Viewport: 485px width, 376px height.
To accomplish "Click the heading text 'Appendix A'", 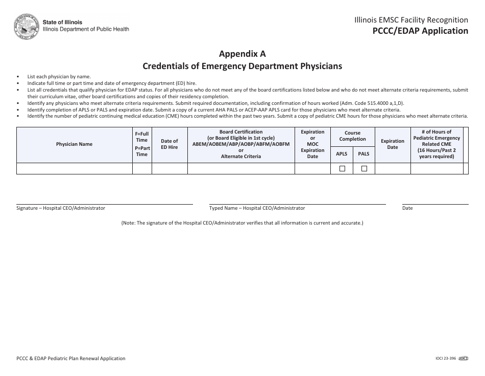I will [x=243, y=54].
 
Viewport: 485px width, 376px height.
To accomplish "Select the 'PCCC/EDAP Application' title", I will [x=420, y=31].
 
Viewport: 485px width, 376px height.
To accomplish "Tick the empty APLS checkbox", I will [x=342, y=169].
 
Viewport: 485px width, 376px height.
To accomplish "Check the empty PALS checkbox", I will [x=364, y=169].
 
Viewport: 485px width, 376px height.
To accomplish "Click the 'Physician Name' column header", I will [x=75, y=144].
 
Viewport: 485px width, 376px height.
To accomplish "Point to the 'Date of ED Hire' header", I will [x=169, y=144].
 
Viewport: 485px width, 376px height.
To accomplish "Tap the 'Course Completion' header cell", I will [x=353, y=136].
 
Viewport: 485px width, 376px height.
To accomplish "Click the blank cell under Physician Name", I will [x=75, y=169].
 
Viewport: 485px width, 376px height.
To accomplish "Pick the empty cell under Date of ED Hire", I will [x=169, y=169].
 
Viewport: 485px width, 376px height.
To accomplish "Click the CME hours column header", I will [x=436, y=144].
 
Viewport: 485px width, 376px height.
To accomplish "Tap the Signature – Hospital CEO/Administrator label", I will [x=61, y=208].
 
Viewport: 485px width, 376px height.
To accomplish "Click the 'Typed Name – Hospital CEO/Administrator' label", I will [x=257, y=208].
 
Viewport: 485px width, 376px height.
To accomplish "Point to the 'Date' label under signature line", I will [x=407, y=208].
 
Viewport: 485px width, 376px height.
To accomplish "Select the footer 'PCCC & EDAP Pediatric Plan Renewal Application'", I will [x=71, y=359].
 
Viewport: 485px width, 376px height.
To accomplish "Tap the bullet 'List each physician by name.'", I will [x=59, y=77].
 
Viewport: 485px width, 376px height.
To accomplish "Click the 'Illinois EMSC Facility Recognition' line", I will [x=411, y=20].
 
